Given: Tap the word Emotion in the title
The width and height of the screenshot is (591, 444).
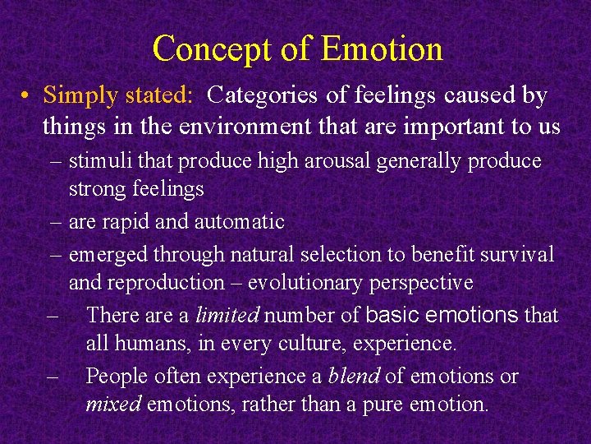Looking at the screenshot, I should (x=382, y=49).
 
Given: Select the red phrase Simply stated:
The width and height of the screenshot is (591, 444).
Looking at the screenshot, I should (x=118, y=96).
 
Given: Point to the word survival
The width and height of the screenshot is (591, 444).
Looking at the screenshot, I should (x=520, y=254).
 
